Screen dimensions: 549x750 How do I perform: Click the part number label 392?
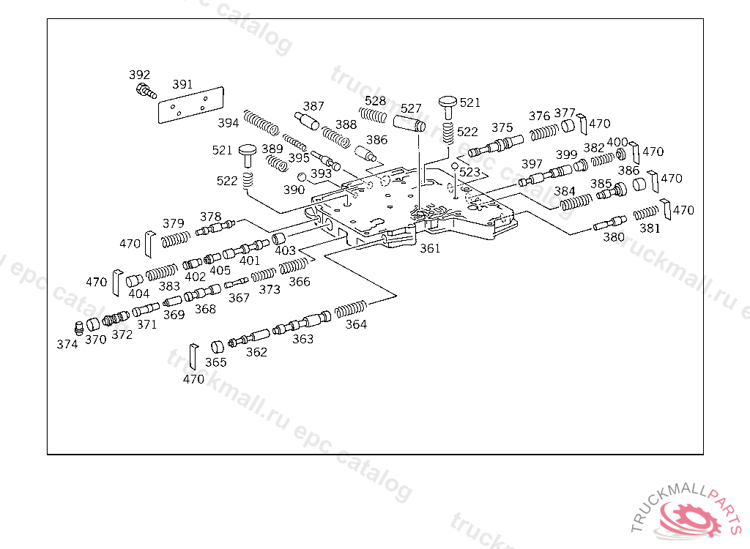[139, 75]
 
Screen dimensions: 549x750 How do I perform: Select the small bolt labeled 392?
[145, 91]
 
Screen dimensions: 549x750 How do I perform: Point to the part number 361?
[430, 248]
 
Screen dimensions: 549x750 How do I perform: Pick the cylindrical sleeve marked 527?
[410, 124]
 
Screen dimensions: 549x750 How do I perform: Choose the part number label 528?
[375, 101]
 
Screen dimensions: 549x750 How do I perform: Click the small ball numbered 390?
[301, 177]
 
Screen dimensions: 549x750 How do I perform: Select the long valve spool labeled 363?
[301, 324]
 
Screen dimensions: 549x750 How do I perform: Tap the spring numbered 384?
[576, 200]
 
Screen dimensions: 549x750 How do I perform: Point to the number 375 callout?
[502, 127]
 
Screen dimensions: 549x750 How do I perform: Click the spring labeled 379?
[175, 239]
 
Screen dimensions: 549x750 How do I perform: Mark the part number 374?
[67, 344]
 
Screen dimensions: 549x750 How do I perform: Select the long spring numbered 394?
[261, 122]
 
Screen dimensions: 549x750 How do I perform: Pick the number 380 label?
[614, 237]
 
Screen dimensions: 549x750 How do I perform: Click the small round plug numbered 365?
[218, 347]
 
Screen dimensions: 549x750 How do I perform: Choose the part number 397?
[532, 164]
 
